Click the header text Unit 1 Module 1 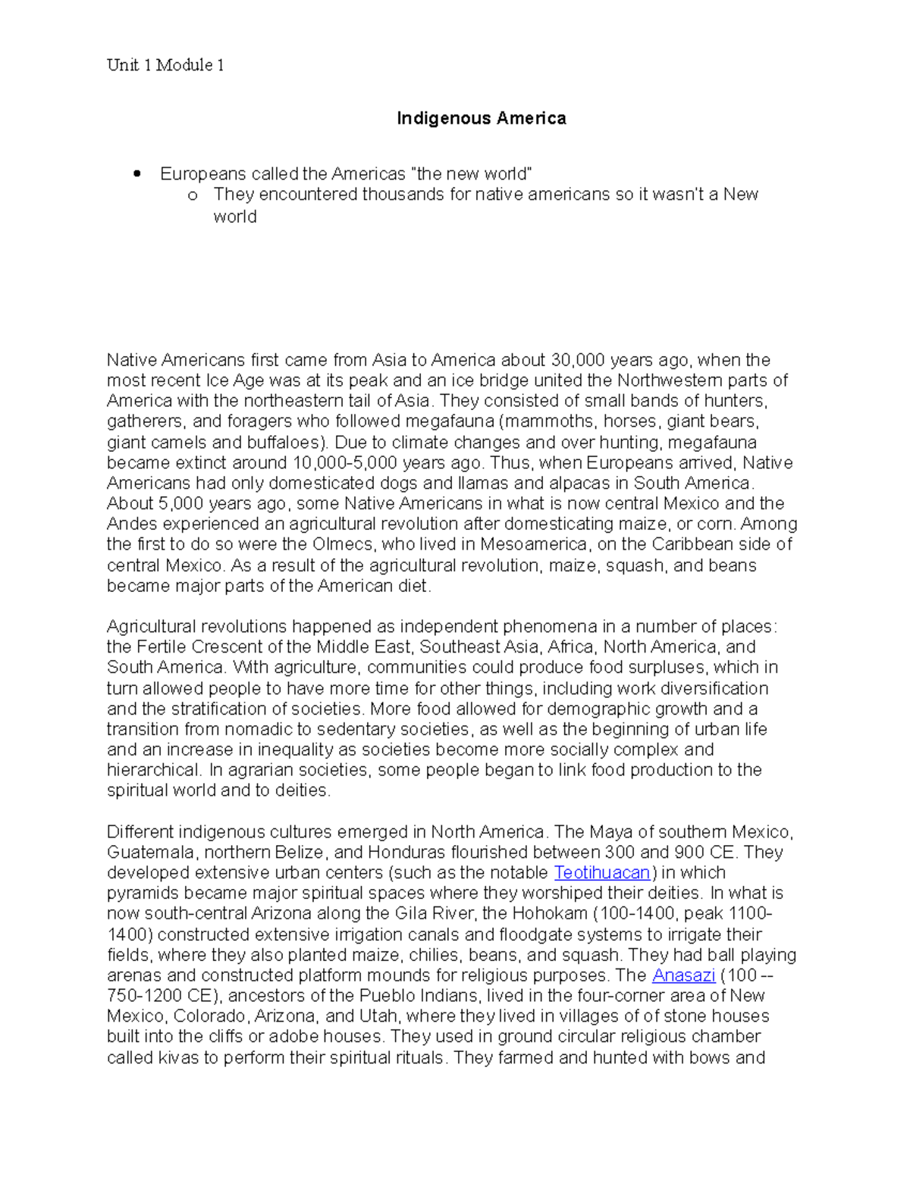(x=165, y=65)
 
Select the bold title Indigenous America (x=482, y=118)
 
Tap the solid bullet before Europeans (x=137, y=174)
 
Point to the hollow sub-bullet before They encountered (x=193, y=196)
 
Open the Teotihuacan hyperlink (x=602, y=872)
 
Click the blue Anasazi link (x=683, y=975)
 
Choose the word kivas (x=176, y=1058)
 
